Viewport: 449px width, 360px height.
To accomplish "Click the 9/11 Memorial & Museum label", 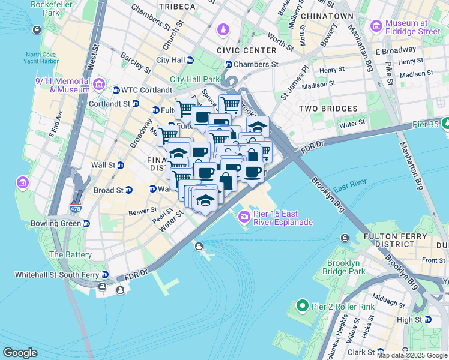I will (x=64, y=85).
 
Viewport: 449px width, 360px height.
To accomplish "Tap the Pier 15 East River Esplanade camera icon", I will (x=244, y=217).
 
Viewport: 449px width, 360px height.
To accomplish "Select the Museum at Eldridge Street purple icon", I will (x=376, y=26).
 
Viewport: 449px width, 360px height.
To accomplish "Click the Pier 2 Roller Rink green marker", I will (x=302, y=307).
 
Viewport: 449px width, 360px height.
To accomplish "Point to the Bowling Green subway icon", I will (x=86, y=224).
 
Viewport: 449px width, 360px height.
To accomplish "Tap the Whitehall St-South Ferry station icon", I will (x=106, y=275).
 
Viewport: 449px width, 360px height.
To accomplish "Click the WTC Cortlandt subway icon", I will (x=116, y=91).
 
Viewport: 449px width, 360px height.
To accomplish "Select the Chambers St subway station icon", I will (x=228, y=65).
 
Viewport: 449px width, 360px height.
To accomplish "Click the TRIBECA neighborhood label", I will (x=178, y=7).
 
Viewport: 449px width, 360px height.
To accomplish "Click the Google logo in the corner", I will (x=20, y=353).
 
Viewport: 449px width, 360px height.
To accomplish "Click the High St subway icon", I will (x=427, y=320).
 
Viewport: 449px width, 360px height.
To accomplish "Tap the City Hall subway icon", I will (x=190, y=61).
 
